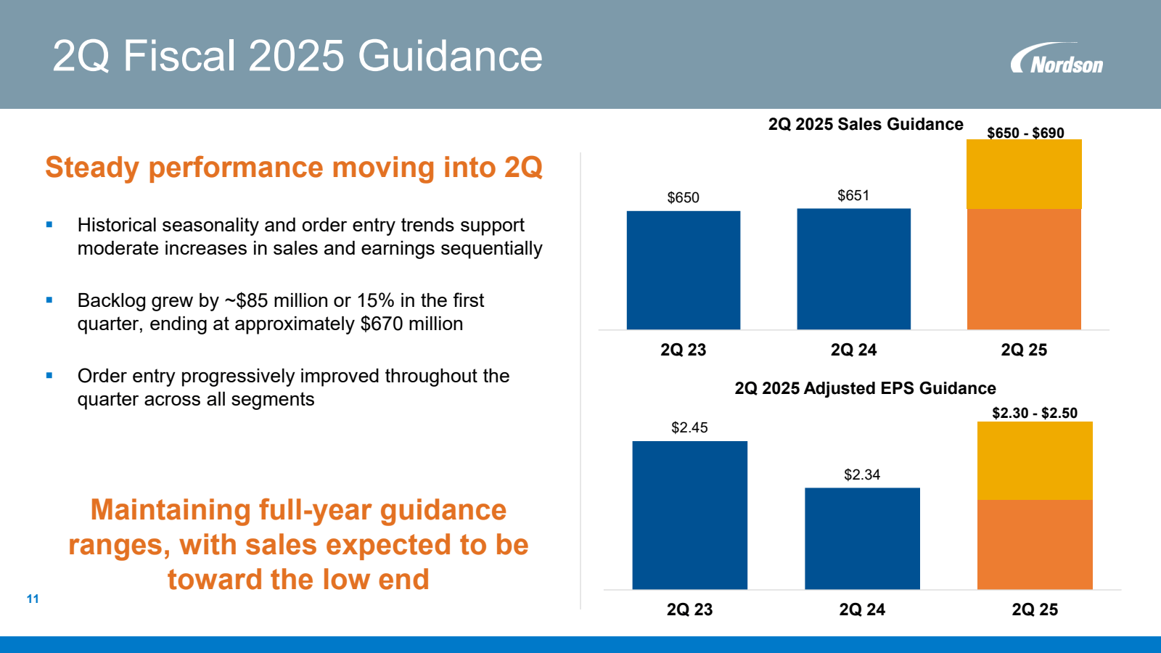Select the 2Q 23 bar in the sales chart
point(683,270)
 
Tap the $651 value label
point(853,195)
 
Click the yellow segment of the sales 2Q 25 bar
point(1024,174)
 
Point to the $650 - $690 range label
point(1025,133)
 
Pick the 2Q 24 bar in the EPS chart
point(862,538)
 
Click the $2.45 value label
point(689,427)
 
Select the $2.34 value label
point(862,475)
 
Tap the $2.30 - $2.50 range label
point(1035,413)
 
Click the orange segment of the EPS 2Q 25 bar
point(1035,544)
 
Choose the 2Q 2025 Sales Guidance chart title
point(866,124)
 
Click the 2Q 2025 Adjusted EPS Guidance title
point(865,388)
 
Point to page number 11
point(33,599)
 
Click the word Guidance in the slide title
point(450,56)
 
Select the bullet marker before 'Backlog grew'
point(49,300)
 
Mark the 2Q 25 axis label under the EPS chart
point(1035,609)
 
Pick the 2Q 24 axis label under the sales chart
point(853,350)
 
